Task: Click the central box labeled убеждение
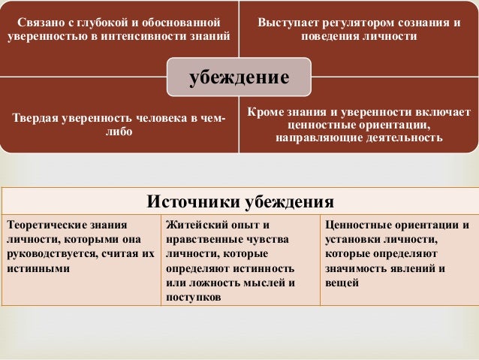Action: tap(239, 77)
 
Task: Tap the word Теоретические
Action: tap(46, 225)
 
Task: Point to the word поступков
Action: tap(194, 297)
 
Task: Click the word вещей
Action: tap(342, 283)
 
